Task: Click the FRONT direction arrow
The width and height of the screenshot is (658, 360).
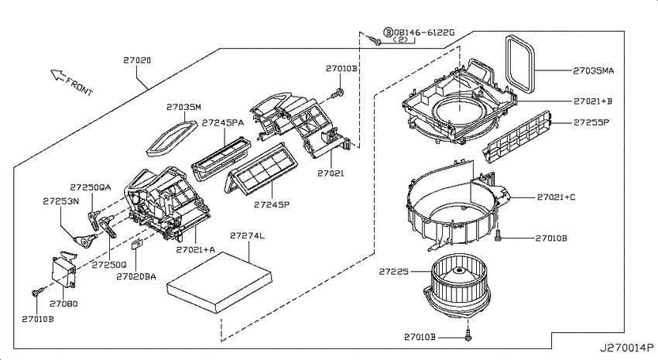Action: click(57, 75)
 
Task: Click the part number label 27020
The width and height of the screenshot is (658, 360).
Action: click(137, 60)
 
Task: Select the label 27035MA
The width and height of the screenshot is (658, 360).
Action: click(594, 71)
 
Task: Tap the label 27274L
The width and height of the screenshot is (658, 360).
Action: click(247, 236)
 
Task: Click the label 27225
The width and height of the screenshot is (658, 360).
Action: click(393, 272)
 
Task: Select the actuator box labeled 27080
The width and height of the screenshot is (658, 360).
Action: click(63, 273)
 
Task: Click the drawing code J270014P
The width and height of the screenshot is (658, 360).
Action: click(626, 348)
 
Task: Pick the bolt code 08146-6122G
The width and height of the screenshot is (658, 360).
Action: click(424, 33)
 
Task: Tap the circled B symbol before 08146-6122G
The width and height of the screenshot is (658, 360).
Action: click(388, 33)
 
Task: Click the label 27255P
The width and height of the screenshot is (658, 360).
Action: click(591, 122)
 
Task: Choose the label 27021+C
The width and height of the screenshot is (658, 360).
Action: click(556, 197)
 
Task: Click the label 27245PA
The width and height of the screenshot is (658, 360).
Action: click(222, 123)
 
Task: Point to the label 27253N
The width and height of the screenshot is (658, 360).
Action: click(61, 201)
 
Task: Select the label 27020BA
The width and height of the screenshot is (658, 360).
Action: click(136, 276)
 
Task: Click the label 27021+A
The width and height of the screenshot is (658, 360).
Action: click(195, 249)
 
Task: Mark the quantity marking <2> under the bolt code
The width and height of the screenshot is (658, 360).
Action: click(401, 39)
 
